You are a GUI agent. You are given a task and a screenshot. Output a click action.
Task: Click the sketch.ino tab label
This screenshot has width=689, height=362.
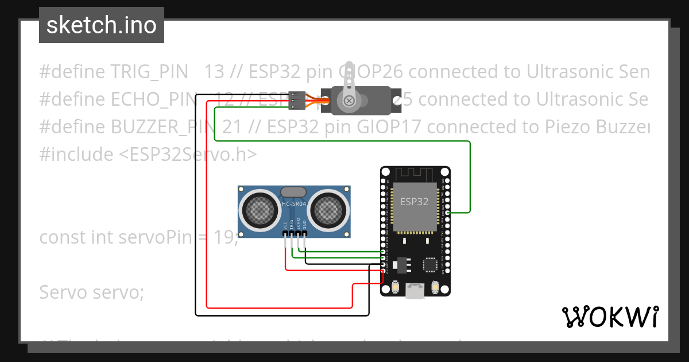[101, 25]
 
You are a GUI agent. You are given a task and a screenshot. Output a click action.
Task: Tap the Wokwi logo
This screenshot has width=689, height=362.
[610, 316]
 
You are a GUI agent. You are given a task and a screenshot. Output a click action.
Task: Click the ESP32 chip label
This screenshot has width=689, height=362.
[414, 202]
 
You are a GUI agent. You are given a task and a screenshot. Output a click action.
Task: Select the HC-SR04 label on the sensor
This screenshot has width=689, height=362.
[294, 204]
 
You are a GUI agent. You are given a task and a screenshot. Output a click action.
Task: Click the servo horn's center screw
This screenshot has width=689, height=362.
[349, 101]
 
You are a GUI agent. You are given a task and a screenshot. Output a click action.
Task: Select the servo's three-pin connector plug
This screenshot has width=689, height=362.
[295, 101]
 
